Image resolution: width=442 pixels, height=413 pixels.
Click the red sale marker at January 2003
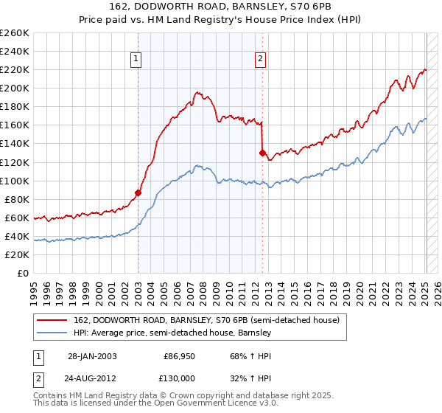click(x=138, y=192)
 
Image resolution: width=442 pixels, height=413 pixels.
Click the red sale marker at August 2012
click(x=262, y=153)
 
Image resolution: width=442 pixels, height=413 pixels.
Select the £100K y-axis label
click(x=15, y=181)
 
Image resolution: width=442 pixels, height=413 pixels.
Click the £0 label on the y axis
click(x=23, y=273)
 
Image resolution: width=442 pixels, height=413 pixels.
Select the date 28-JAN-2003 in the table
click(x=91, y=355)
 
